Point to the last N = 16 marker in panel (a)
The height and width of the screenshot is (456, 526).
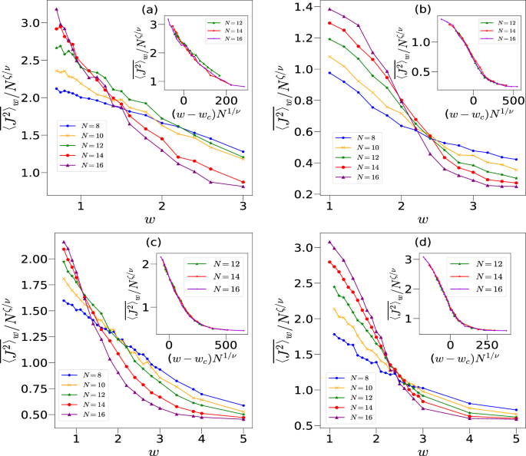(243, 187)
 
